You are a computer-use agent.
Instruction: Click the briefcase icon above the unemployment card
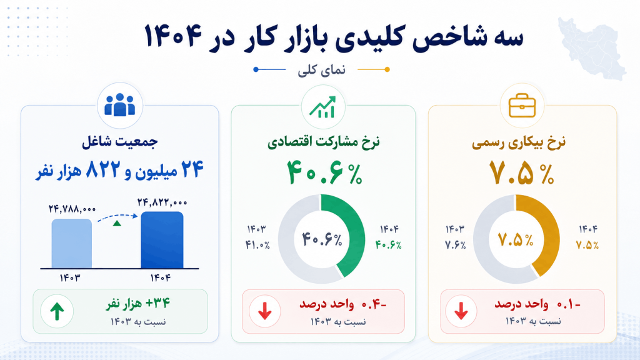click(522, 105)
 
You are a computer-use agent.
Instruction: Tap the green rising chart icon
click(323, 107)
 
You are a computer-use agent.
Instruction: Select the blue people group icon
click(119, 105)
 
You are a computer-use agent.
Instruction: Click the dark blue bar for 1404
click(162, 240)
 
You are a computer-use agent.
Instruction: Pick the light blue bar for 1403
click(71, 244)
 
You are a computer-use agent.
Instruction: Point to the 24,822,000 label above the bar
click(162, 202)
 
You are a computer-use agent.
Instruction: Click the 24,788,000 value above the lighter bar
click(72, 209)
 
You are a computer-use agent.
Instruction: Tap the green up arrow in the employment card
click(57, 312)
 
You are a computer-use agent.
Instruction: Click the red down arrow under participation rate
click(265, 311)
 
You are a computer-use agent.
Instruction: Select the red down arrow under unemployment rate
click(461, 311)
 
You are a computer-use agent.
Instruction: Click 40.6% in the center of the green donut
click(322, 239)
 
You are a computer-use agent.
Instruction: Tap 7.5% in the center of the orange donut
click(516, 240)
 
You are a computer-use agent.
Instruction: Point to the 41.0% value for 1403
click(257, 245)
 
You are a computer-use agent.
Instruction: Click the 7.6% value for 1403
click(456, 245)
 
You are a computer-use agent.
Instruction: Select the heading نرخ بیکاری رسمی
click(519, 143)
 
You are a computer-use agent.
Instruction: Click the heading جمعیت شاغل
click(119, 142)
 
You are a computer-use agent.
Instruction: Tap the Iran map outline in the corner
click(592, 48)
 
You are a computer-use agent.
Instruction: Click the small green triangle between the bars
click(117, 223)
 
